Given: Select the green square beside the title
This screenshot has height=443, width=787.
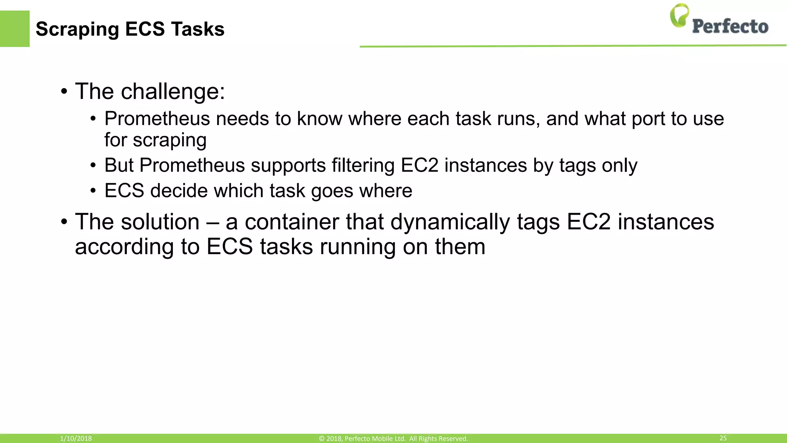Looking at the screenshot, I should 15,29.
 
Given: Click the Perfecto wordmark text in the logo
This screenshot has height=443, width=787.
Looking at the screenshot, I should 730,27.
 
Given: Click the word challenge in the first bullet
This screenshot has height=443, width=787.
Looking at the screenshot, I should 173,92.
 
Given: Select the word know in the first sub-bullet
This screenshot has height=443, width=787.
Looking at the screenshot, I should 319,118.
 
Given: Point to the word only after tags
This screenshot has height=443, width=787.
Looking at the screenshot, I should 619,165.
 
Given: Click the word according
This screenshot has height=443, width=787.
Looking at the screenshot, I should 124,247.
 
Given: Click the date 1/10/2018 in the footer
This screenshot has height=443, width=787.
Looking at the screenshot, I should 76,438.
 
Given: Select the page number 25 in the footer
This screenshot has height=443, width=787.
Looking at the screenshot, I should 723,438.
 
